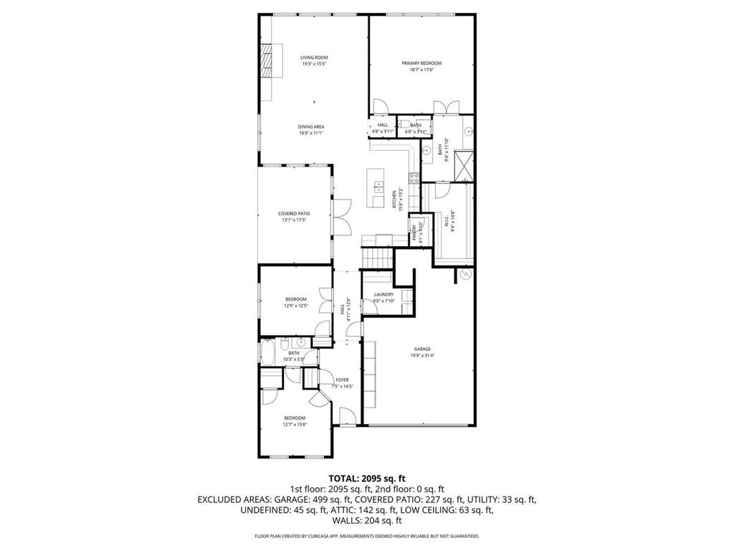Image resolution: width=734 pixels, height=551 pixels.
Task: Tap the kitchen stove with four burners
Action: (x=414, y=177)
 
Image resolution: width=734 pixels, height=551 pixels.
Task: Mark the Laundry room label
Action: (x=383, y=295)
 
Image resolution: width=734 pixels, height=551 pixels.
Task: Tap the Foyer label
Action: (x=343, y=380)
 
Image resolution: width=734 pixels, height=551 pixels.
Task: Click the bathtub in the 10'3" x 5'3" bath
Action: (x=269, y=352)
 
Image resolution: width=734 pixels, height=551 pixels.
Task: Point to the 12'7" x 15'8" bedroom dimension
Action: (x=295, y=425)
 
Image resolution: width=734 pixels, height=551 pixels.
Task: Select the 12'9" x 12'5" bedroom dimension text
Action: (x=295, y=306)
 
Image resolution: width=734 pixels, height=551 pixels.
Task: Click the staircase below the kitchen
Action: (x=377, y=255)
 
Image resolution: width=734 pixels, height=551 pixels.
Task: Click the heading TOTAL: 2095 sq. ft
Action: (x=366, y=478)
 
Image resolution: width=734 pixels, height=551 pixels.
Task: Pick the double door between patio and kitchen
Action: (x=343, y=213)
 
